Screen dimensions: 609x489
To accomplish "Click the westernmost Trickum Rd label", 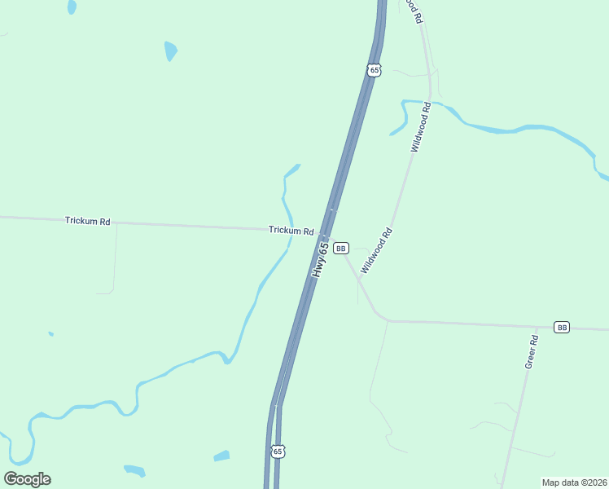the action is click(88, 221).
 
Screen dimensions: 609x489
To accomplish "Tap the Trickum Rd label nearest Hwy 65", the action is click(291, 231).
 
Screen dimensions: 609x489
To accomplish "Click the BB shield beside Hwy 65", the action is click(341, 248).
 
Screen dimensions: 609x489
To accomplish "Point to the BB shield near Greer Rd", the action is click(562, 327).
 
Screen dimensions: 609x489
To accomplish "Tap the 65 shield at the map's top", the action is click(374, 70).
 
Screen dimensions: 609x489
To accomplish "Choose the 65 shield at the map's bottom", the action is click(278, 451).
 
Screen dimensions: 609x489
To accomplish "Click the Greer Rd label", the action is click(532, 352).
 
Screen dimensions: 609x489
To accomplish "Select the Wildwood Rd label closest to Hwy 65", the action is click(377, 249).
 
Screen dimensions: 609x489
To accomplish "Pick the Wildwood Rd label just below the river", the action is click(420, 128).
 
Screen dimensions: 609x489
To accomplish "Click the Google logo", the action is click(27, 479).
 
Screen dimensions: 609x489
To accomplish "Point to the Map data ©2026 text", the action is click(574, 482).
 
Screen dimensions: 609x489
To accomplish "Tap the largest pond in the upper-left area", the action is click(170, 51).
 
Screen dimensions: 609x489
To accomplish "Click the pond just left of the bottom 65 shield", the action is click(221, 456).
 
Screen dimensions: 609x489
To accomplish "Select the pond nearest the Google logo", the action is click(134, 470).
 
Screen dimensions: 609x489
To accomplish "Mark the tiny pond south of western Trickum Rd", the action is click(50, 333).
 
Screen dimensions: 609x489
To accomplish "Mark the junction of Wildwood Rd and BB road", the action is click(358, 280).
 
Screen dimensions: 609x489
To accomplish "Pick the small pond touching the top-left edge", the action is click(72, 7).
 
